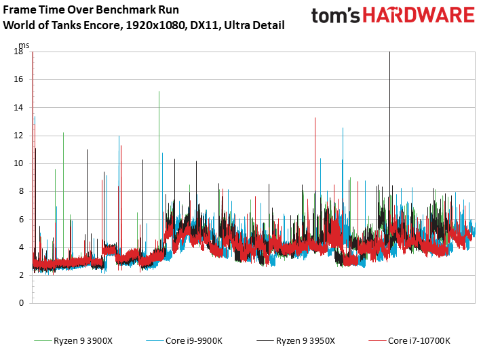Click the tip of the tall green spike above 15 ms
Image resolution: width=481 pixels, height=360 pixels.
pyautogui.click(x=159, y=92)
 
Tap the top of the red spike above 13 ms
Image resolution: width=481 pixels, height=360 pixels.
pyautogui.click(x=315, y=118)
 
